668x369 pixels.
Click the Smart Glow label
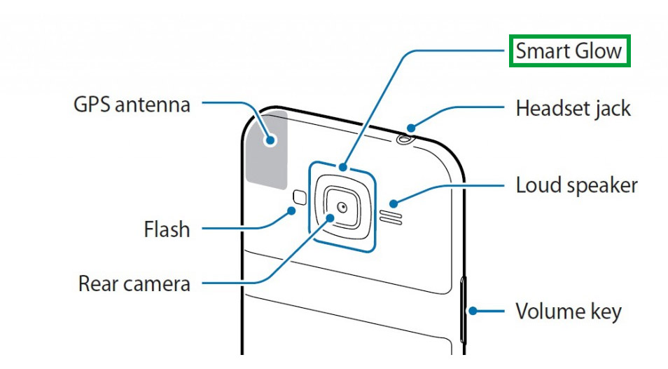pyautogui.click(x=569, y=51)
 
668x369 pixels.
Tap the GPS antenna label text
pyautogui.click(x=132, y=105)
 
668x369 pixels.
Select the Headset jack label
pyautogui.click(x=573, y=109)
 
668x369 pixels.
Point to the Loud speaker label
pyautogui.click(x=576, y=186)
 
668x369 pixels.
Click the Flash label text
pyautogui.click(x=167, y=229)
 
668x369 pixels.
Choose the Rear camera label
pyautogui.click(x=134, y=284)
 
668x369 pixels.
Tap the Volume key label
pyautogui.click(x=568, y=311)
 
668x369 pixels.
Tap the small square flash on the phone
pyautogui.click(x=299, y=197)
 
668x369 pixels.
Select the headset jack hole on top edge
pyautogui.click(x=404, y=138)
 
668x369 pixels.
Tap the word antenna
pyautogui.click(x=153, y=105)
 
